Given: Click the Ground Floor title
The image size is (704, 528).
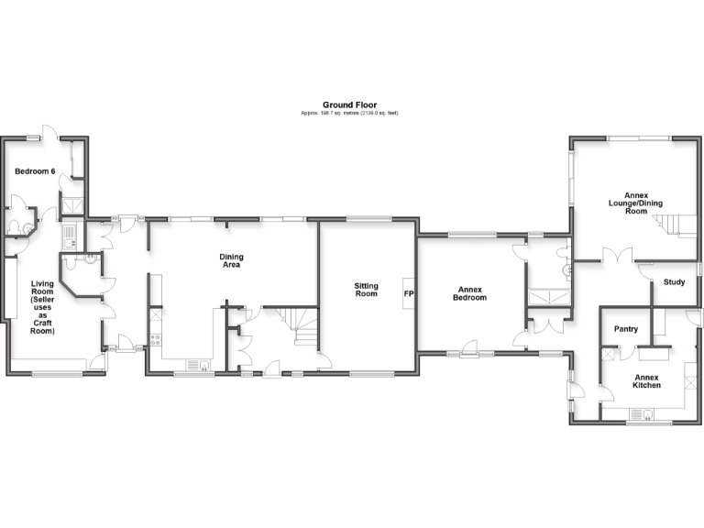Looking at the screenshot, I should pos(349,104).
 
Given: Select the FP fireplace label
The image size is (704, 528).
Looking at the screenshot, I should pos(409,294).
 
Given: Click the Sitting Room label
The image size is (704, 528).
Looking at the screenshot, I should pos(366,291).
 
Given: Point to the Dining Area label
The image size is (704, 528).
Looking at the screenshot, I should pos(230,260).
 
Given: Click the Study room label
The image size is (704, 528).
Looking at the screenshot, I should pos(674,282).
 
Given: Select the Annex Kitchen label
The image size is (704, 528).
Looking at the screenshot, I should pos(646,381).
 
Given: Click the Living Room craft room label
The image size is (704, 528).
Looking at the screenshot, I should pos(42,307).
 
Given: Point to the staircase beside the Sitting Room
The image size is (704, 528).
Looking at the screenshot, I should pos(302,328).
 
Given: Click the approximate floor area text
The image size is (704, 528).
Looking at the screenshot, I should pos(349,113).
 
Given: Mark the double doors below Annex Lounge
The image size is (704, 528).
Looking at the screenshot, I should pos(623,258).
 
